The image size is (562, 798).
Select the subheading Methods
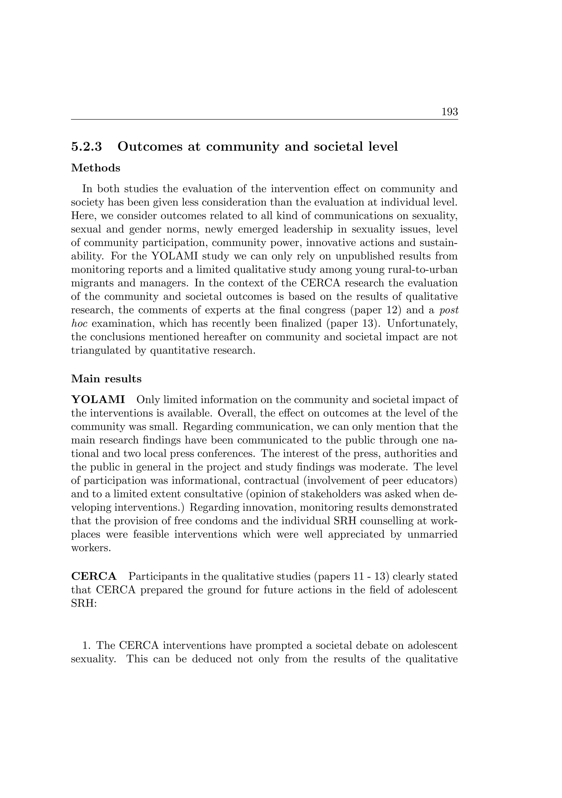click(x=96, y=168)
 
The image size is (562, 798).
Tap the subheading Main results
click(x=106, y=379)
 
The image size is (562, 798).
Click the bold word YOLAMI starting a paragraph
click(x=98, y=400)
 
